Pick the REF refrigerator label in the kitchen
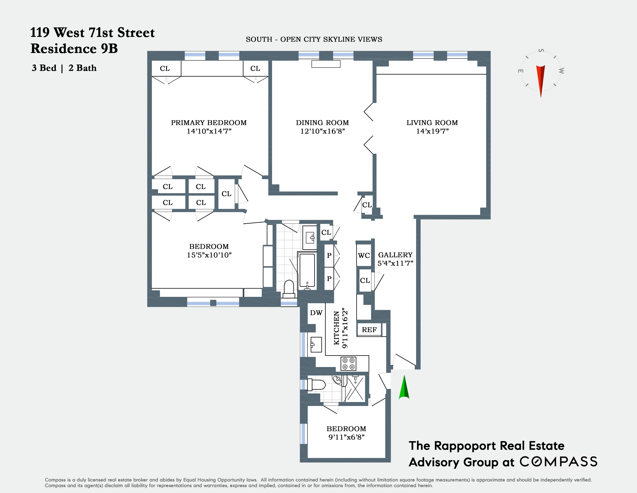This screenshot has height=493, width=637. pos(369,330)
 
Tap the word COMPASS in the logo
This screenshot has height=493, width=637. pos(559,462)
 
